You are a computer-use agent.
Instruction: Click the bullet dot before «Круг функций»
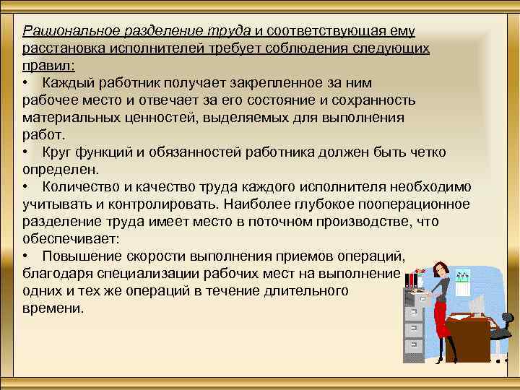click(25, 152)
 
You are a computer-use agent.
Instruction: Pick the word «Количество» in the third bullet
click(77, 187)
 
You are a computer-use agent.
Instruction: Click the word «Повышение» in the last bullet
click(78, 256)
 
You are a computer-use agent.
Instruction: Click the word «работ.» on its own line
click(43, 135)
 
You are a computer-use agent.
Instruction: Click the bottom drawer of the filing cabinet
click(414, 346)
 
